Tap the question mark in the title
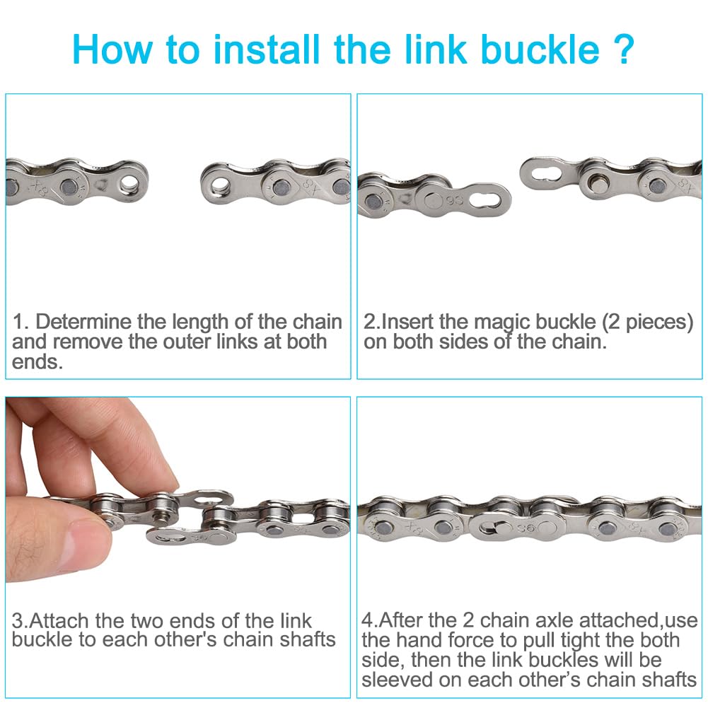625,50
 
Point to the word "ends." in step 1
37,361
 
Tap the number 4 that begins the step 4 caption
367,620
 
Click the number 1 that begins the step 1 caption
18,322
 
